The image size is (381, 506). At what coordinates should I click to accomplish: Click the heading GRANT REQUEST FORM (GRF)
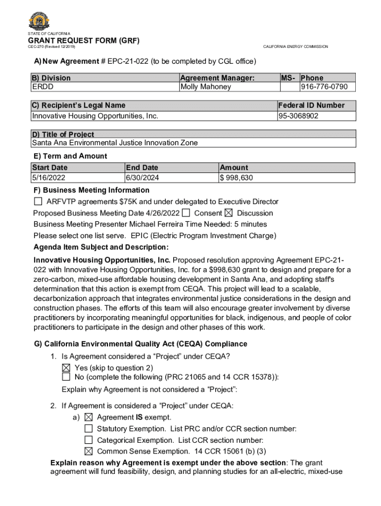point(84,40)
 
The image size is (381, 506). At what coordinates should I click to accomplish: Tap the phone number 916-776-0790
point(324,87)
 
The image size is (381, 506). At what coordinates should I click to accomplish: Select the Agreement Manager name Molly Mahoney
point(205,87)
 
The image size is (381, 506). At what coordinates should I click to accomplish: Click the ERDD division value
point(43,87)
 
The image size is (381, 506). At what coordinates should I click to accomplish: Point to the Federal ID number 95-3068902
point(298,116)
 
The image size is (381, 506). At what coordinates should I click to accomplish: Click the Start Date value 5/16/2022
point(48,178)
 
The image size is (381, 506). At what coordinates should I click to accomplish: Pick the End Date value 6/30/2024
point(143,178)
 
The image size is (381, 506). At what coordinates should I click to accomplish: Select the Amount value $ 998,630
point(237,178)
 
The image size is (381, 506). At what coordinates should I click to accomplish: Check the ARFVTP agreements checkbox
point(39,202)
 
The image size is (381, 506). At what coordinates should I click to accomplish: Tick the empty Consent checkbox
point(186,213)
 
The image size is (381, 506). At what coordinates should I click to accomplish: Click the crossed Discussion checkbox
point(228,213)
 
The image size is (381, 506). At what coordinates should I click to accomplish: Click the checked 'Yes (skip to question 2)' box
point(66,368)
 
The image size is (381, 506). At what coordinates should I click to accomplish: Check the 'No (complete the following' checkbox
point(66,377)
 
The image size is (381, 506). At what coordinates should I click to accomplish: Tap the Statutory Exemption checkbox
point(89,428)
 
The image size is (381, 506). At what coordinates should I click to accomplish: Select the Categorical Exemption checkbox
point(89,440)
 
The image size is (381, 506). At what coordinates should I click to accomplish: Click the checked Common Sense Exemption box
point(89,451)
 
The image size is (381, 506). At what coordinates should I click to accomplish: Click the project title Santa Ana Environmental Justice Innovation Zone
point(115,143)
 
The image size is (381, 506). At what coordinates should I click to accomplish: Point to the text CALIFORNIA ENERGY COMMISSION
point(295,46)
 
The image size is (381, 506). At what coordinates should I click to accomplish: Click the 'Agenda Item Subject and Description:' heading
point(101,247)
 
